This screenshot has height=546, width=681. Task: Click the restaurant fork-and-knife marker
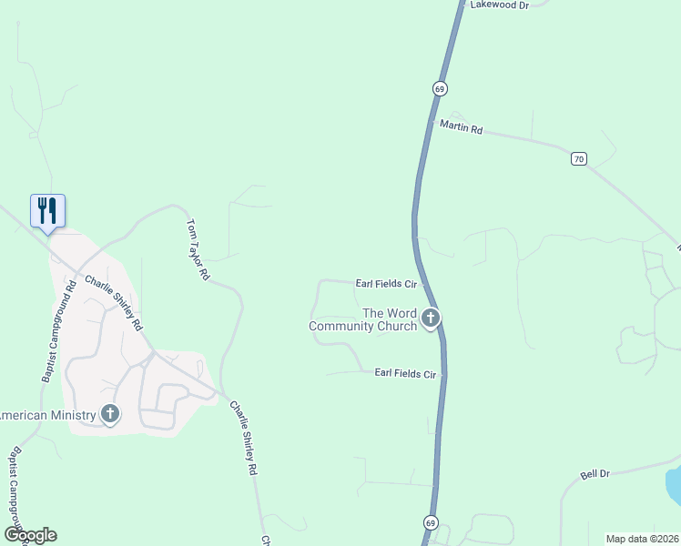coord(47,210)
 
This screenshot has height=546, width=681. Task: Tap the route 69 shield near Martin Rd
coord(440,88)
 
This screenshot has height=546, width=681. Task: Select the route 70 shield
coord(579,158)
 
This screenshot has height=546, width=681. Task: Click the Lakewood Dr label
coord(499,5)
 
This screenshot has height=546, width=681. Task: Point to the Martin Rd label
coord(461,126)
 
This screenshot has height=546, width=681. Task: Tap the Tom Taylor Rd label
coord(198,248)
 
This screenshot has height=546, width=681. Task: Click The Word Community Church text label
coord(363,319)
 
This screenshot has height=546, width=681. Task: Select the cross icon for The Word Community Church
coord(430,318)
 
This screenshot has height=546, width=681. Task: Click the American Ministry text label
coord(47,416)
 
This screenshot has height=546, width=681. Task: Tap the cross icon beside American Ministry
coord(109,415)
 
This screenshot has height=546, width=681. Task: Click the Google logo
coord(30,535)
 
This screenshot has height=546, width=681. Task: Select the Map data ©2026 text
coord(643,538)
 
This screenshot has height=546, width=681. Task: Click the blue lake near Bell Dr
coord(674,484)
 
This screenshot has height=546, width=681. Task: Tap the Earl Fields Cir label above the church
coord(384,284)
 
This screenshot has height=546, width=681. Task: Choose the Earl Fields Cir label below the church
coord(406,373)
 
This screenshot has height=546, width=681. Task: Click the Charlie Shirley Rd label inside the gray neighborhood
coord(114,302)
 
